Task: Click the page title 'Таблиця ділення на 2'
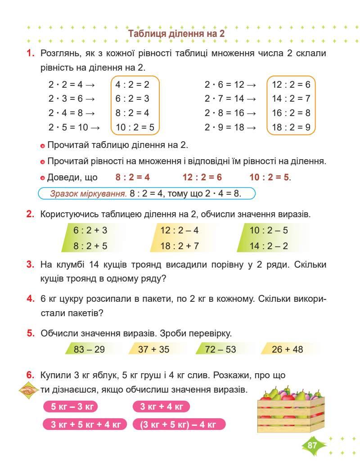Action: coord(176,34)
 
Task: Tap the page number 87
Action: coord(312,446)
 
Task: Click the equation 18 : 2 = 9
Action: coord(291,127)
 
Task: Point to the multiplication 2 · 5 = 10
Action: coord(74,127)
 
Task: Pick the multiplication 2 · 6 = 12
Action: coord(230,84)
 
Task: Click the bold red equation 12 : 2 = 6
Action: coord(202,177)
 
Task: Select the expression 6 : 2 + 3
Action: coord(90,231)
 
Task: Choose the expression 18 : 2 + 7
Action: coord(180,246)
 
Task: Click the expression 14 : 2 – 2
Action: coord(269,246)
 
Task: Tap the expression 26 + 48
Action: coord(288,349)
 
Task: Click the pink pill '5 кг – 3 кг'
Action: coord(70,407)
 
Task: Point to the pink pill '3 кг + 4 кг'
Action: coord(162,407)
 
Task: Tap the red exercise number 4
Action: coord(30,299)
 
